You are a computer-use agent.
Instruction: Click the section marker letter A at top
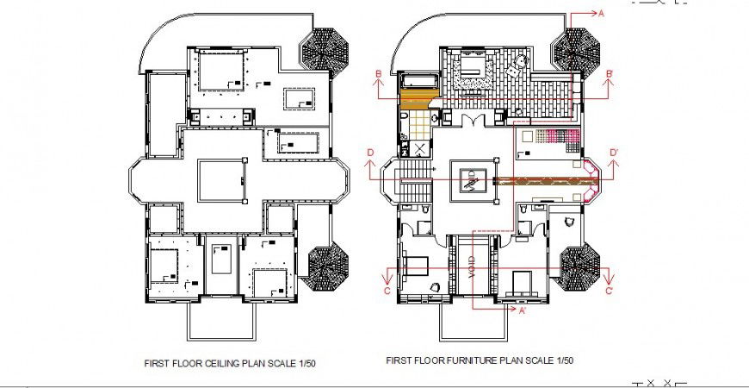coord(602,14)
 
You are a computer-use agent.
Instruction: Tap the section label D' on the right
coord(614,153)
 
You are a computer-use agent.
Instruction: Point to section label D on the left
coord(369,153)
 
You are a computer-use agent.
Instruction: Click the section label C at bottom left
coord(387,291)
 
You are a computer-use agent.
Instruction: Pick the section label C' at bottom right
coord(609,291)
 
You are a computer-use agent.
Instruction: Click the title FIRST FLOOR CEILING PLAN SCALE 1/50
coord(227,364)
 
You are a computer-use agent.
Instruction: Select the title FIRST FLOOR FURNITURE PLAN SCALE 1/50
coord(480,360)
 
